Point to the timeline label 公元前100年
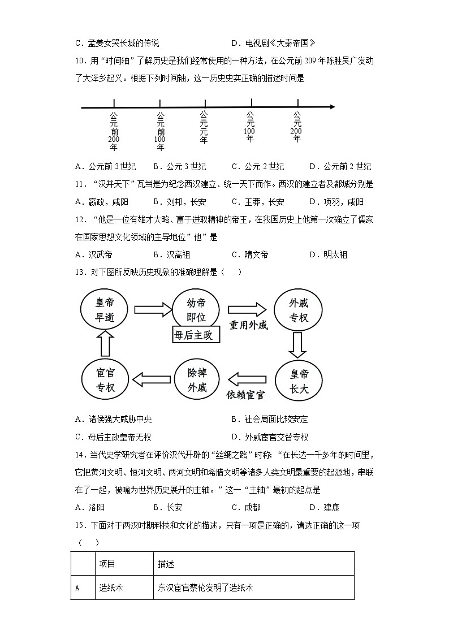click(x=160, y=131)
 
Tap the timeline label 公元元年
click(x=204, y=127)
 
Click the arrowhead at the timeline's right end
click(x=331, y=107)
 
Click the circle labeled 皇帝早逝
click(x=105, y=310)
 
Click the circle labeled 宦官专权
click(x=105, y=381)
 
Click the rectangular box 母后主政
click(x=196, y=335)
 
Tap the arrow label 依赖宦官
click(x=245, y=394)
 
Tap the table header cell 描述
click(x=166, y=564)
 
